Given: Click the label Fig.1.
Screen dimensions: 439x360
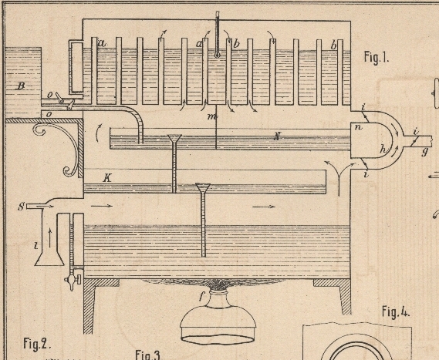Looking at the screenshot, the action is click(x=377, y=57).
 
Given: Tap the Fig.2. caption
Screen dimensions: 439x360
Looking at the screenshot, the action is click(x=37, y=344).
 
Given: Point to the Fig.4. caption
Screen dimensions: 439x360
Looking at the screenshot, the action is click(x=396, y=312).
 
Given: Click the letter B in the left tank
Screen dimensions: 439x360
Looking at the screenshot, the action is click(x=21, y=86).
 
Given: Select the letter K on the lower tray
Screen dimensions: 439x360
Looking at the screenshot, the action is click(x=107, y=177).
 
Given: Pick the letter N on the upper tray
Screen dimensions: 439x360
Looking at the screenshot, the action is click(x=277, y=136).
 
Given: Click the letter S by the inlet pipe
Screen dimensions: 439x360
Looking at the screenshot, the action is click(x=21, y=207).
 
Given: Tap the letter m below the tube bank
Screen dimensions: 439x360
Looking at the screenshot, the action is click(x=212, y=116).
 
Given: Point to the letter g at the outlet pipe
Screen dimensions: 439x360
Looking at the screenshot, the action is click(x=425, y=152).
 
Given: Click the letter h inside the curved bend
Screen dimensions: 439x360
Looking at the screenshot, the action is click(x=383, y=149).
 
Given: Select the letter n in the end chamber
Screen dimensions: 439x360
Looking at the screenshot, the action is click(x=358, y=127).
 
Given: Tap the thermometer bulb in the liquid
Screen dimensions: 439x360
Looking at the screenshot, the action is click(x=217, y=55).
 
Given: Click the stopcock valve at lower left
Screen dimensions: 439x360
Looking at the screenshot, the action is click(x=73, y=279).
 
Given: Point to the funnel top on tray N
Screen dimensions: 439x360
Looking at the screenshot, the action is click(x=174, y=138).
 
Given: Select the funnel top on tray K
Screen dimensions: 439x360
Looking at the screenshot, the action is click(x=203, y=187).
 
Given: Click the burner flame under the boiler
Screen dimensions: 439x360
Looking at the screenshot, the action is click(x=217, y=284).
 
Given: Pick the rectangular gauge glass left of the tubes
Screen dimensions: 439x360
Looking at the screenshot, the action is click(x=76, y=66).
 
